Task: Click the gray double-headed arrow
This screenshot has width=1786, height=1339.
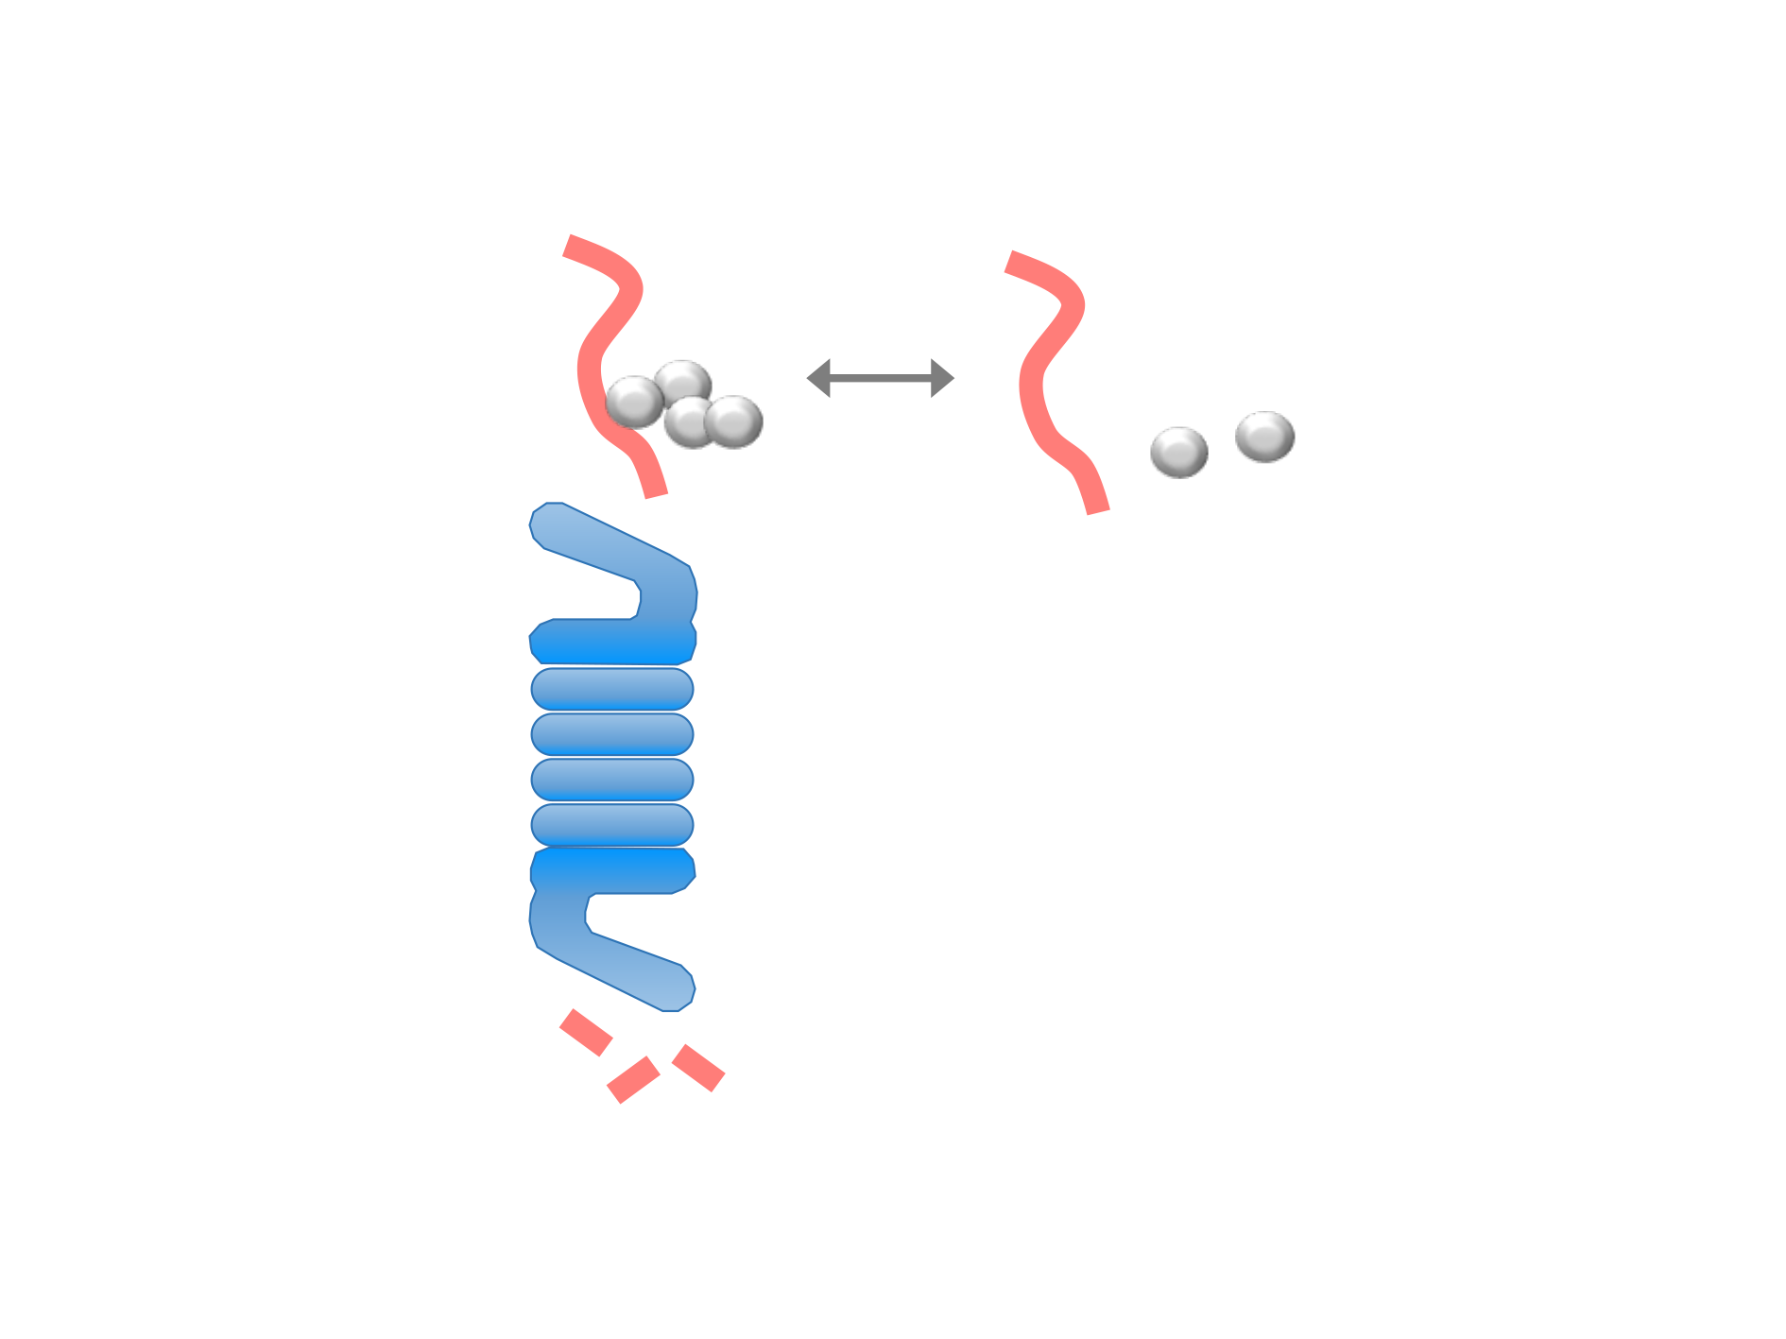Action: (880, 378)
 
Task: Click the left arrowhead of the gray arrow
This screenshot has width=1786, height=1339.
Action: (818, 378)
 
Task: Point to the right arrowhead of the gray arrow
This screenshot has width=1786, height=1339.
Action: (942, 378)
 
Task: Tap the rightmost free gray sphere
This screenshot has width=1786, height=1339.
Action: (1264, 437)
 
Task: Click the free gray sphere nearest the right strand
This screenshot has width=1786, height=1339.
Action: (1178, 452)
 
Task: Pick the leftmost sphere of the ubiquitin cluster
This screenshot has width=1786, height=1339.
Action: (633, 402)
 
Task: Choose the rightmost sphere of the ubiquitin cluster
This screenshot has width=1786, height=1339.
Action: (734, 421)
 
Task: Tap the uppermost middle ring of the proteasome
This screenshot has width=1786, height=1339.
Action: (612, 689)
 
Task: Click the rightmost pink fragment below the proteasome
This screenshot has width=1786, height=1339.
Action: (697, 1068)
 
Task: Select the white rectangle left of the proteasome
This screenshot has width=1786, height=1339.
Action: (332, 836)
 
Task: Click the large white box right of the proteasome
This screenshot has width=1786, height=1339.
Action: (1210, 737)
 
